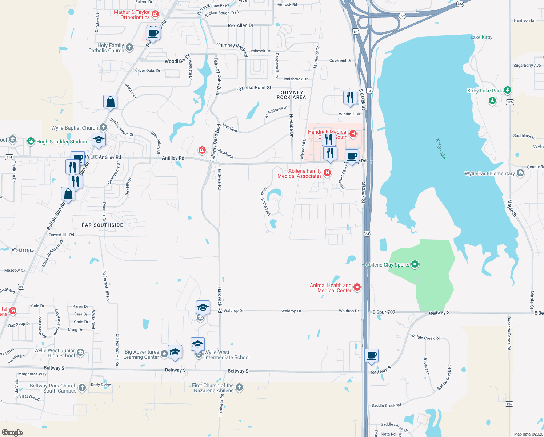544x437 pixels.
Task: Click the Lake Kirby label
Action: (x=481, y=37)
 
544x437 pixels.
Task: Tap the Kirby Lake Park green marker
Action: (x=508, y=90)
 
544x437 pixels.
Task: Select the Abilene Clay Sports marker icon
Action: (x=415, y=264)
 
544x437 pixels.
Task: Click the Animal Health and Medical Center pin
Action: (x=357, y=287)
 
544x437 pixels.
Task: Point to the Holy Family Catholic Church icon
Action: (x=129, y=47)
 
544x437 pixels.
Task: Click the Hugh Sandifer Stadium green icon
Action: (x=31, y=141)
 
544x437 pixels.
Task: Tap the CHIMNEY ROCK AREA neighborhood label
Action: (x=291, y=95)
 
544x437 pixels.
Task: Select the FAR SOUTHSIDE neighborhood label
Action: (x=103, y=225)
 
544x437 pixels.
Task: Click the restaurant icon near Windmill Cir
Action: (x=350, y=98)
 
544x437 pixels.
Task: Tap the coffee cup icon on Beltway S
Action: (x=372, y=355)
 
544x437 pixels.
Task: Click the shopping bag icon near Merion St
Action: (x=110, y=102)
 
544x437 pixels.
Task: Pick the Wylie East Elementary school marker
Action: (x=520, y=173)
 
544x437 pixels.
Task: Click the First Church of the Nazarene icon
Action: (x=239, y=387)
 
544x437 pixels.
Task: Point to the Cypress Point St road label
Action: (x=254, y=88)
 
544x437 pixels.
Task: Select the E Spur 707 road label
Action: (x=384, y=312)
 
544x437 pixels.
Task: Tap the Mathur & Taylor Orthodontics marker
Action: (x=155, y=14)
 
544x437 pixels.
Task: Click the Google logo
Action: (x=12, y=432)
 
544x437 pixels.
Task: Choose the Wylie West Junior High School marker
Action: (x=80, y=352)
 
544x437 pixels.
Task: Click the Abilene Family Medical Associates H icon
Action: (x=327, y=173)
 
